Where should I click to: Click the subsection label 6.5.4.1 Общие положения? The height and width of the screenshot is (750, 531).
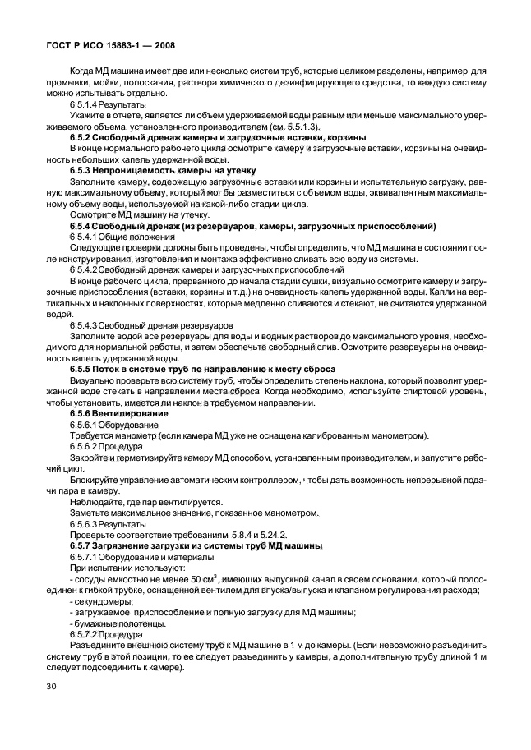pos(122,237)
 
